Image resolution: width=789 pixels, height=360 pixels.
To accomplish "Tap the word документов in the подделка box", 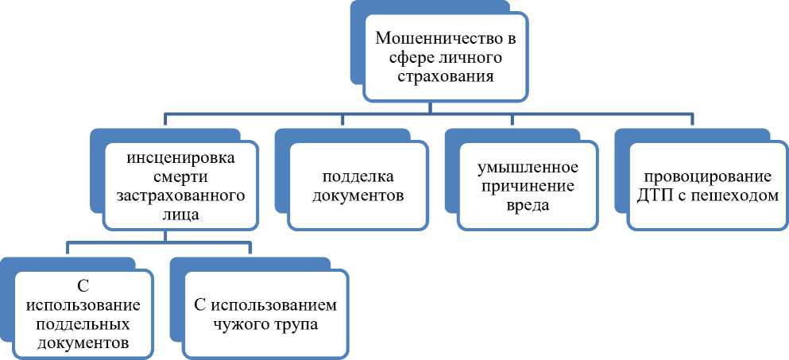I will [x=352, y=195].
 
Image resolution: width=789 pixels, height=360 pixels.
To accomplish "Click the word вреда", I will [x=522, y=206].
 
